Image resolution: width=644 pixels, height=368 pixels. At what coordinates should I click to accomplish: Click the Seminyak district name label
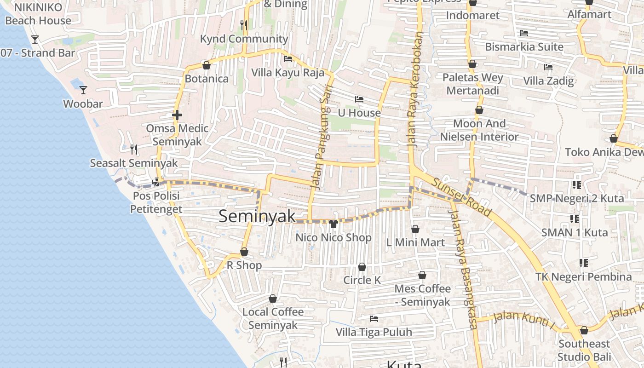(257, 216)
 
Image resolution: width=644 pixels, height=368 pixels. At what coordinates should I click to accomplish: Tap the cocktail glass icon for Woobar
(83, 90)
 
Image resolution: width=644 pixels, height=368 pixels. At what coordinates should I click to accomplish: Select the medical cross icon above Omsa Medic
(177, 115)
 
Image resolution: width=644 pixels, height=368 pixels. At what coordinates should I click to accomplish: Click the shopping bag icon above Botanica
(207, 65)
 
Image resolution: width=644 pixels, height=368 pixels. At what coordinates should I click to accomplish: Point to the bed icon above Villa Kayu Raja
(288, 59)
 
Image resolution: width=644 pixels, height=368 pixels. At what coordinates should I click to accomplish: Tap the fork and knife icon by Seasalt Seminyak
(134, 149)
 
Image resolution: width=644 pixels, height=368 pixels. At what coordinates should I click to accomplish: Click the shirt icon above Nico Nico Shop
(333, 224)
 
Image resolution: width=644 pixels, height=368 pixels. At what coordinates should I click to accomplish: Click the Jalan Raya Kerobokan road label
(415, 90)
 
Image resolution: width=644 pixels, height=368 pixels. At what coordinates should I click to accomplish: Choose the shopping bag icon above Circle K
(362, 267)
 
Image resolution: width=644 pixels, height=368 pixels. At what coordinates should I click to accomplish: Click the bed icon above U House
(359, 99)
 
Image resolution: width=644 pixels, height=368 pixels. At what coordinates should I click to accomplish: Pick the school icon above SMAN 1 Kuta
(575, 219)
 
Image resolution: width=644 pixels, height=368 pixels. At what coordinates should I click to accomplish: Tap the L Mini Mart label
(415, 242)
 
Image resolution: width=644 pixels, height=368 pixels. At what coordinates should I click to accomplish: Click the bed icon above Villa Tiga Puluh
(374, 318)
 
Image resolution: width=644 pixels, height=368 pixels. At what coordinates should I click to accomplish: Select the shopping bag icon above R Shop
(244, 252)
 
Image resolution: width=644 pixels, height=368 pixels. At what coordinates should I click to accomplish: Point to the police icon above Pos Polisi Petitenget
(156, 182)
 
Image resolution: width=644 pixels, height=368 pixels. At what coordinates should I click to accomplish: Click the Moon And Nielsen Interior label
(479, 130)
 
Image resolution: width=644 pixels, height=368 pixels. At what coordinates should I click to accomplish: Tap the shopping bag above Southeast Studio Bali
(584, 330)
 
